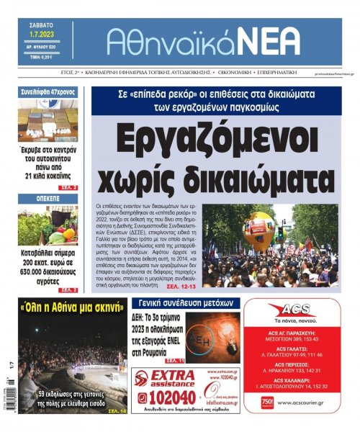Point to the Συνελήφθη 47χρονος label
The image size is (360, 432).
point(48,91)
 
